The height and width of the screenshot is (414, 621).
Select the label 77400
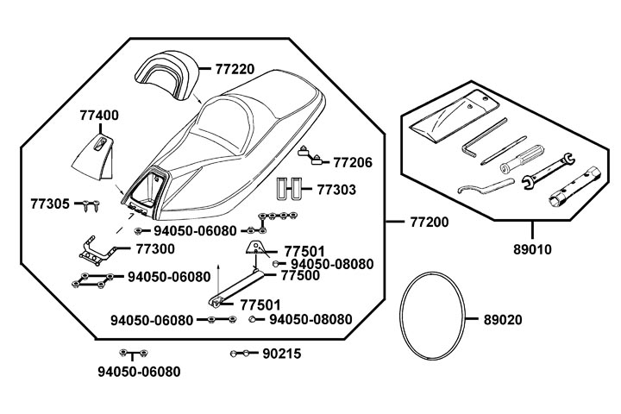(x=99, y=115)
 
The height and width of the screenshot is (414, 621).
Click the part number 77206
(x=352, y=161)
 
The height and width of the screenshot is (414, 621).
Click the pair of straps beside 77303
(x=288, y=189)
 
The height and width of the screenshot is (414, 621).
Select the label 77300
(x=155, y=249)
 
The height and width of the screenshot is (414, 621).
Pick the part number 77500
(x=301, y=276)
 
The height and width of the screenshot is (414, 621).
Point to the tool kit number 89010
(x=532, y=250)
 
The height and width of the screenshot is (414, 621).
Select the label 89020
(x=502, y=318)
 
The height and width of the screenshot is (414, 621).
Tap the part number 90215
(x=281, y=354)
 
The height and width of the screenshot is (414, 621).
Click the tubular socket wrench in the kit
(x=574, y=190)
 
